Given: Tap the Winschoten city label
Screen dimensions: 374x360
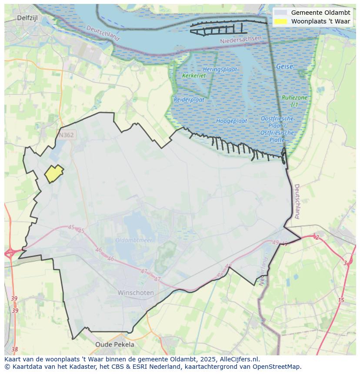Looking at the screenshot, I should [x=136, y=293].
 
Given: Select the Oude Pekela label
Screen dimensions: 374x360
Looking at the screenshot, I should [x=115, y=344].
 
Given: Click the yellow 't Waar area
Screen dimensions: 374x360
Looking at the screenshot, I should [x=54, y=174].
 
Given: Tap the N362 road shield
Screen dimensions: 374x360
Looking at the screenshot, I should [x=66, y=135].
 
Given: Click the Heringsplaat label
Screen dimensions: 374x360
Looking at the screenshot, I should [x=220, y=70].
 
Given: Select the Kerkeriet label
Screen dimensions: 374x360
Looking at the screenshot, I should [x=194, y=76].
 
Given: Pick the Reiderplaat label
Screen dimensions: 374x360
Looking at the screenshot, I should [x=189, y=99].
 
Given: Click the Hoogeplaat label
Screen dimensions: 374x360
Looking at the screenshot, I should [x=232, y=121].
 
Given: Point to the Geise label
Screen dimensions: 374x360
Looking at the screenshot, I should [x=284, y=67].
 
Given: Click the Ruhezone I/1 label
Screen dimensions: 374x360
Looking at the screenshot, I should [x=294, y=101].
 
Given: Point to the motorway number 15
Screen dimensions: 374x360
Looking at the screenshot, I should [x=341, y=300].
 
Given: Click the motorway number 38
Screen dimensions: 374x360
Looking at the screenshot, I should [x=15, y=349].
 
